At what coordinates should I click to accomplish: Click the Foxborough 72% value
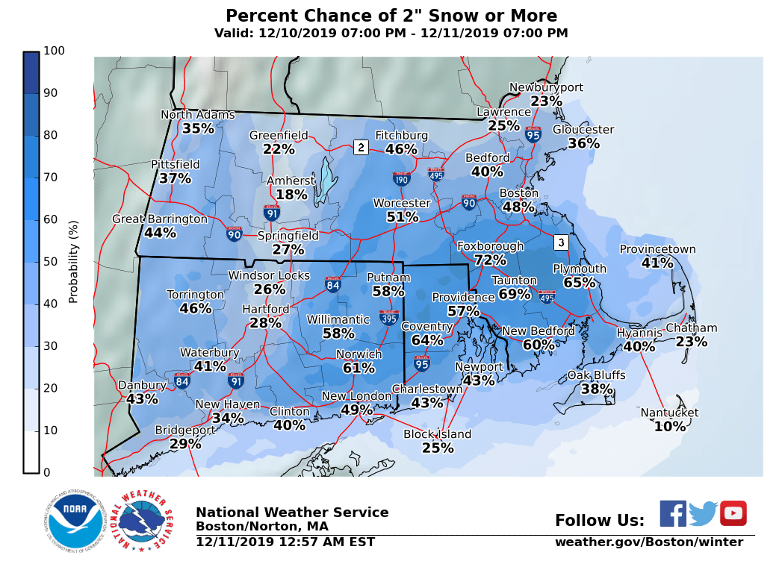[x=490, y=260]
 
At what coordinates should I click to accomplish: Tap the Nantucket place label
[x=669, y=413]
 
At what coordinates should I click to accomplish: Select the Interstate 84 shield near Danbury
[x=181, y=381]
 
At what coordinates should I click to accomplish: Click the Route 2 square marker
[x=361, y=147]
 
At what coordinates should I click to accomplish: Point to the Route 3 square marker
[x=561, y=242]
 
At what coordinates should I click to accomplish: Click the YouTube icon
[x=733, y=513]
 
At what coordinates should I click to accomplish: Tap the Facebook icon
[x=673, y=513]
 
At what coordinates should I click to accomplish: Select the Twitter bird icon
[x=703, y=513]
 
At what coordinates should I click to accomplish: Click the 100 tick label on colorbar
[x=54, y=51]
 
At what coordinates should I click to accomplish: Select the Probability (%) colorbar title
[x=73, y=262]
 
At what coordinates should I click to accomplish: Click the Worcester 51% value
[x=402, y=217]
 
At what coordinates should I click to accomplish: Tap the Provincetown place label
[x=657, y=250]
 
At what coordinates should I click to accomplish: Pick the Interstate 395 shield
[x=388, y=317]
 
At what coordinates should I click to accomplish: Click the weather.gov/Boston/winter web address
[x=648, y=542]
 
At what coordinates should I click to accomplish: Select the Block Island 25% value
[x=438, y=448]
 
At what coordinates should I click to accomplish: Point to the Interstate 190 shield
[x=401, y=178]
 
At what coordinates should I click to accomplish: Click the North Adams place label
[x=198, y=115]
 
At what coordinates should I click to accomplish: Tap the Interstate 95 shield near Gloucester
[x=533, y=135]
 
